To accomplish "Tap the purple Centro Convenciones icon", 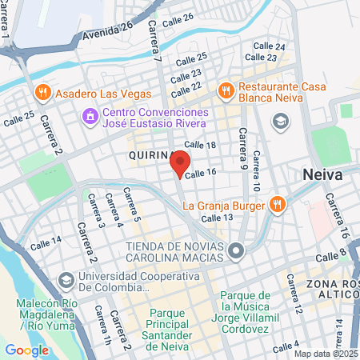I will pyautogui.click(x=90, y=117).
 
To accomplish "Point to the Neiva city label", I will pyautogui.click(x=323, y=175).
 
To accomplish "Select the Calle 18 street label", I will pyautogui.click(x=200, y=144).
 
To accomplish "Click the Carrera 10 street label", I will pyautogui.click(x=256, y=170).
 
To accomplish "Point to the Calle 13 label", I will pyautogui.click(x=217, y=218).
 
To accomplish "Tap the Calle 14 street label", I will pyautogui.click(x=46, y=242).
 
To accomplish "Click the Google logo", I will pyautogui.click(x=26, y=350).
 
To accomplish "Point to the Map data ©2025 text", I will pyautogui.click(x=325, y=354).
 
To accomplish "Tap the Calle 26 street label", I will pyautogui.click(x=177, y=18).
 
